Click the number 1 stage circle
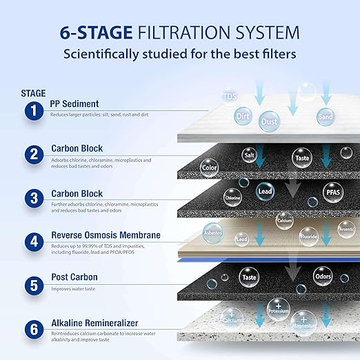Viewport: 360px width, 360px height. (32, 110)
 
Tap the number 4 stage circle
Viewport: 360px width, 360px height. (32, 242)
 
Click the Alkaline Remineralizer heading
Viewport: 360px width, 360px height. (94, 323)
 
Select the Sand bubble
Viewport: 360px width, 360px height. (326, 117)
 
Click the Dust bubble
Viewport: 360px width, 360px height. (269, 121)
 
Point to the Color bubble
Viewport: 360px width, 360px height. (209, 167)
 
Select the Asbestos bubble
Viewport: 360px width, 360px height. (212, 232)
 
